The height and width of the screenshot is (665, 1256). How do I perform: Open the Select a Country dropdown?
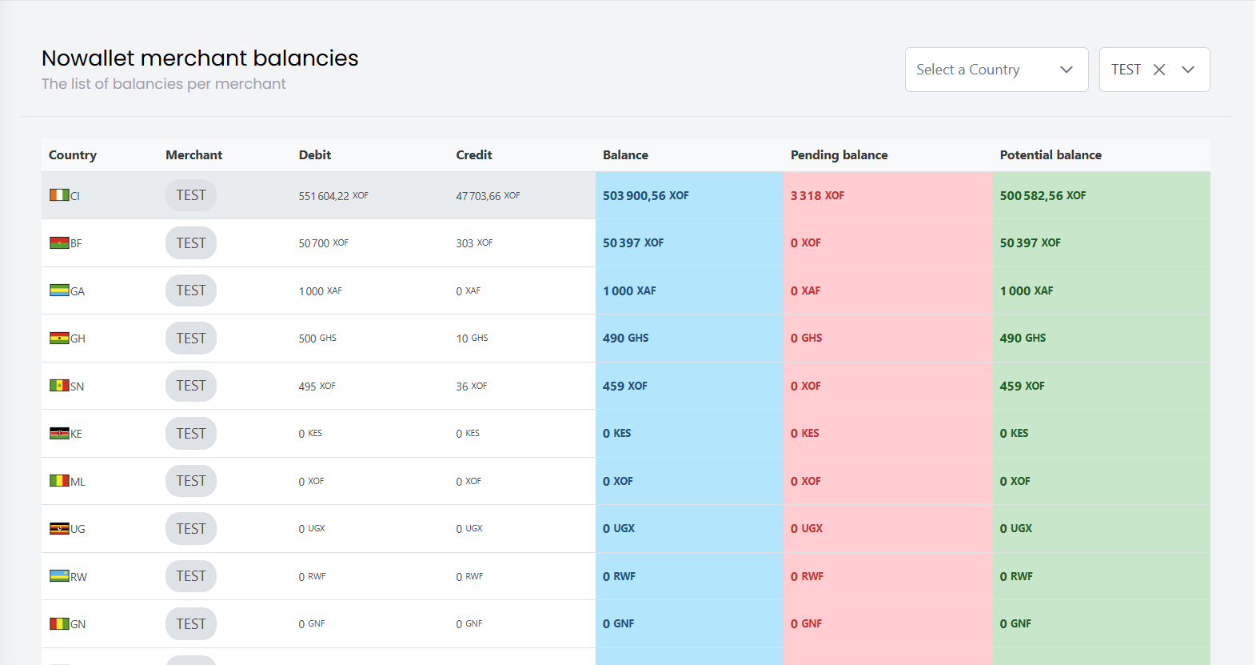pos(995,70)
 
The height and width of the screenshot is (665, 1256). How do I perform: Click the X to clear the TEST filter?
pos(1158,70)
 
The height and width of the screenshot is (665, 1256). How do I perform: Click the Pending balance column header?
pos(839,155)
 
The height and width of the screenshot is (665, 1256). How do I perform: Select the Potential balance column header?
pos(1050,155)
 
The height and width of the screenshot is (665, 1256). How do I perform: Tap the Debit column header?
pos(314,155)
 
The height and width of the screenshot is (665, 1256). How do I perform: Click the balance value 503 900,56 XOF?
pos(645,196)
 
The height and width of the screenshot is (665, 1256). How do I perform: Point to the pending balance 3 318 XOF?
pos(817,196)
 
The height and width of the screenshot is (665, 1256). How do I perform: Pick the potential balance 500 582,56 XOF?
pos(1043,196)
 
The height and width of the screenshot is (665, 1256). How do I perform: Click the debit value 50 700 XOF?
pos(323,243)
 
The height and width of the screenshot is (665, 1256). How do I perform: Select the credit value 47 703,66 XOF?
pos(488,196)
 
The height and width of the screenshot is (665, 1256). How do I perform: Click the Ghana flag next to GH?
pos(59,339)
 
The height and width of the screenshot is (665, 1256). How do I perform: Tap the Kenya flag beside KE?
pos(59,434)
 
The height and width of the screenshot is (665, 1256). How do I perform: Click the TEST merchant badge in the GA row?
pos(191,290)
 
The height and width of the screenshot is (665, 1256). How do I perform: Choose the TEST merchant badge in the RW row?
pos(191,576)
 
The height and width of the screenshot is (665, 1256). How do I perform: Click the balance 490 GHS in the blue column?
pos(625,339)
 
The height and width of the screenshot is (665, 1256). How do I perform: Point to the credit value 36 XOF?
pos(471,387)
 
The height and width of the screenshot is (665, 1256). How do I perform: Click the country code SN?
pos(78,387)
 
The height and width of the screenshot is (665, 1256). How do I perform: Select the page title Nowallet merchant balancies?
pos(200,58)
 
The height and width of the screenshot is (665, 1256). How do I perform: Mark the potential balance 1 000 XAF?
pos(1026,291)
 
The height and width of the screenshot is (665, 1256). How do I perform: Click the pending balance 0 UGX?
pos(806,529)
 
